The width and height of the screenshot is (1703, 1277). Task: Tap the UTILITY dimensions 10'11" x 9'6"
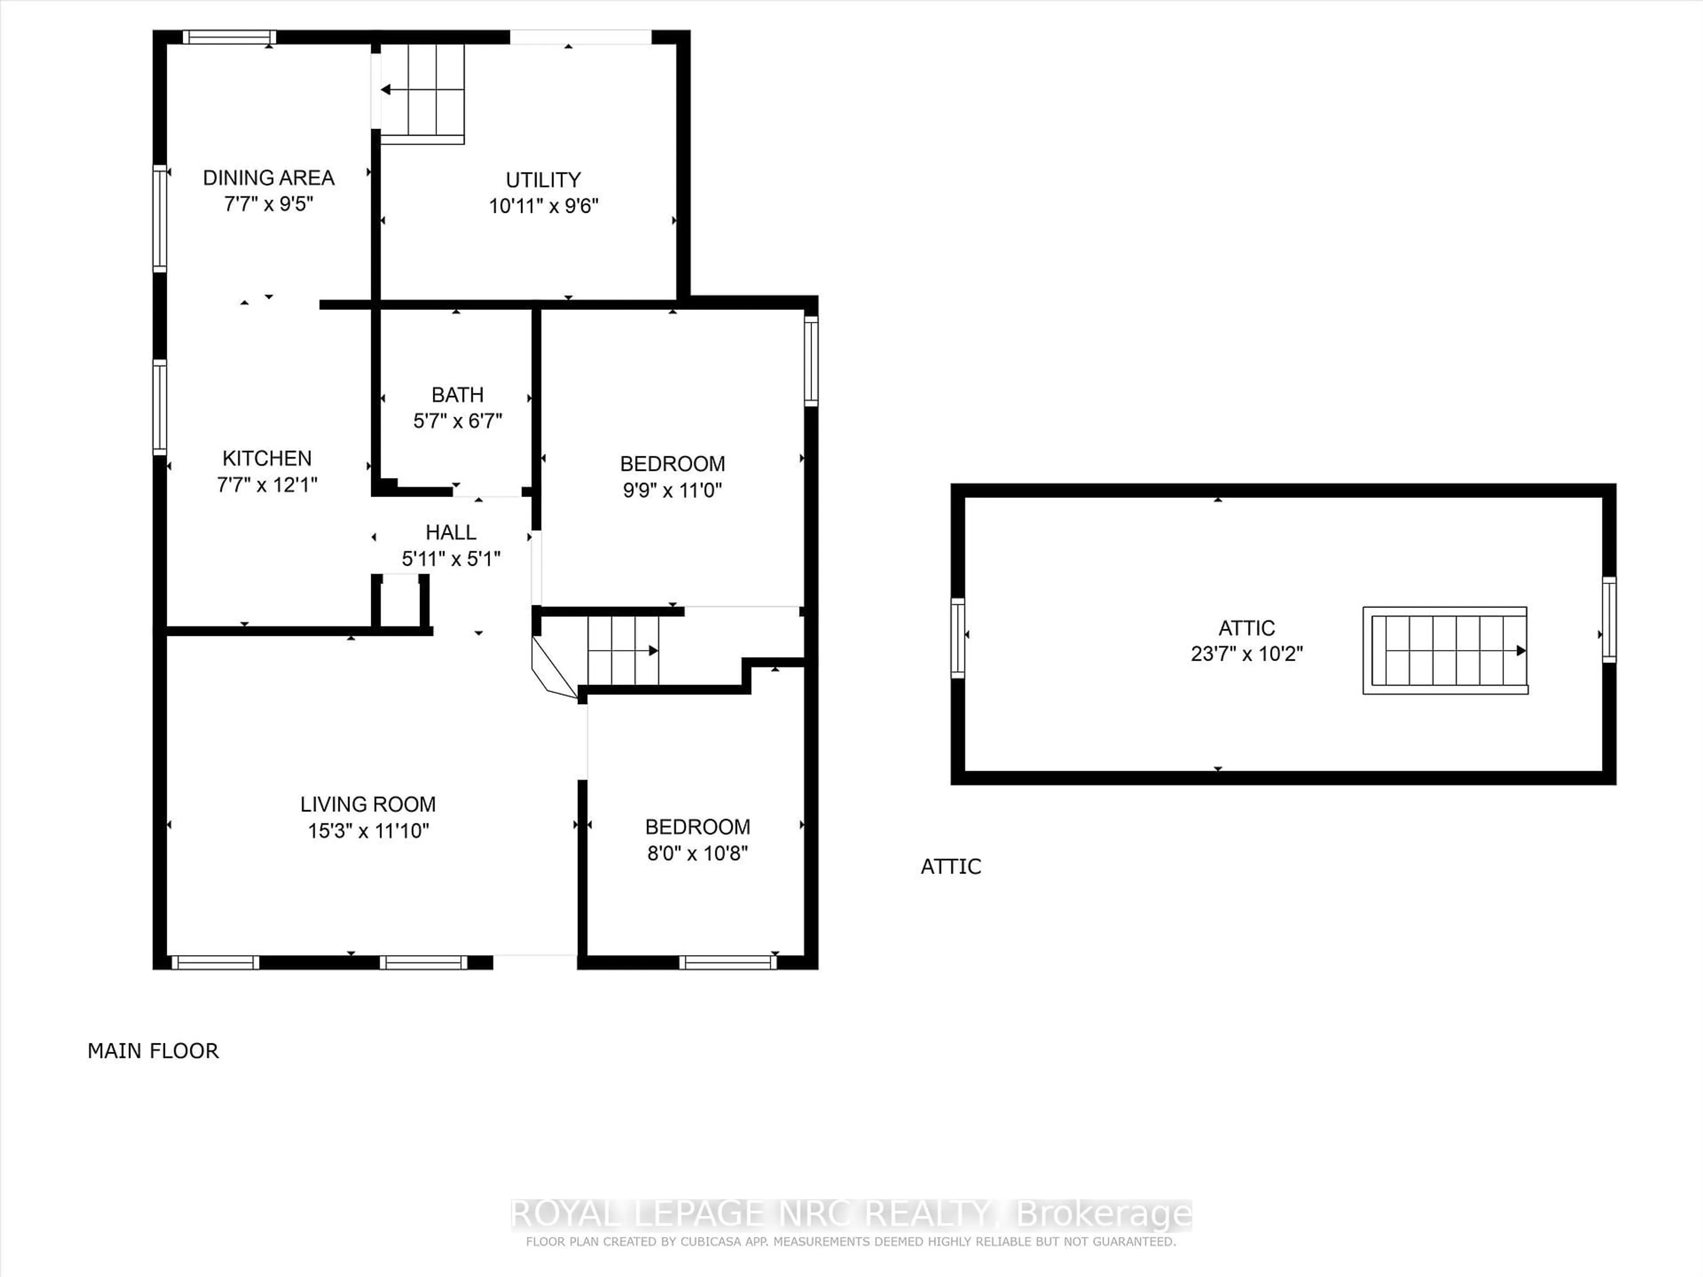544,206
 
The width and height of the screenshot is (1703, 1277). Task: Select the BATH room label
457,395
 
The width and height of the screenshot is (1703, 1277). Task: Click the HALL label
451,532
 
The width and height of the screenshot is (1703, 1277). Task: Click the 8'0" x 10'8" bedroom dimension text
698,853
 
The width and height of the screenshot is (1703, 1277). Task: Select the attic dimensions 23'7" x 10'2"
1247,654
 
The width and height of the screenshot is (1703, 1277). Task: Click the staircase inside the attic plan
1444,650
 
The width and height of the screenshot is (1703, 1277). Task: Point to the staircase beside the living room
622,650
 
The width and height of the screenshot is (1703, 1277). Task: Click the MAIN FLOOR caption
153,1051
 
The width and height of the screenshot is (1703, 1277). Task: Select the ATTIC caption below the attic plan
951,867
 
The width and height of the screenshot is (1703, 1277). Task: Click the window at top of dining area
229,37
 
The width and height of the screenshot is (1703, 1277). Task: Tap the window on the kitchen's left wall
159,407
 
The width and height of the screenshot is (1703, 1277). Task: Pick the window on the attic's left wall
958,638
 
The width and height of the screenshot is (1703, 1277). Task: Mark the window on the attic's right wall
1609,619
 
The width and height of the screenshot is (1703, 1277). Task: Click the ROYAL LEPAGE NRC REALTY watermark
851,1214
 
